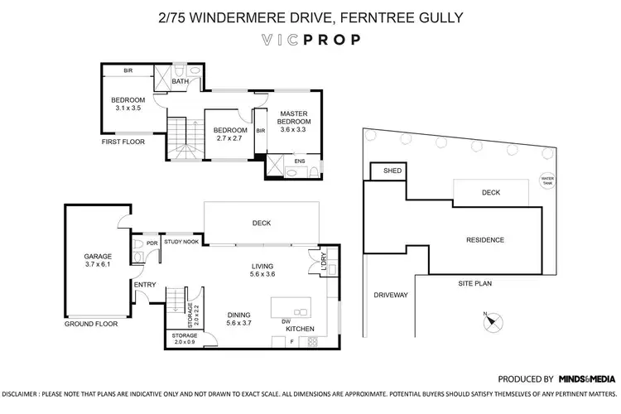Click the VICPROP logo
point(310,38)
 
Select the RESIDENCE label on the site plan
point(484,240)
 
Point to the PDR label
point(152,243)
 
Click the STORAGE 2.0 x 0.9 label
point(184,339)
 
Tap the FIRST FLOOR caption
point(123,142)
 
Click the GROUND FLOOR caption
point(91,324)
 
